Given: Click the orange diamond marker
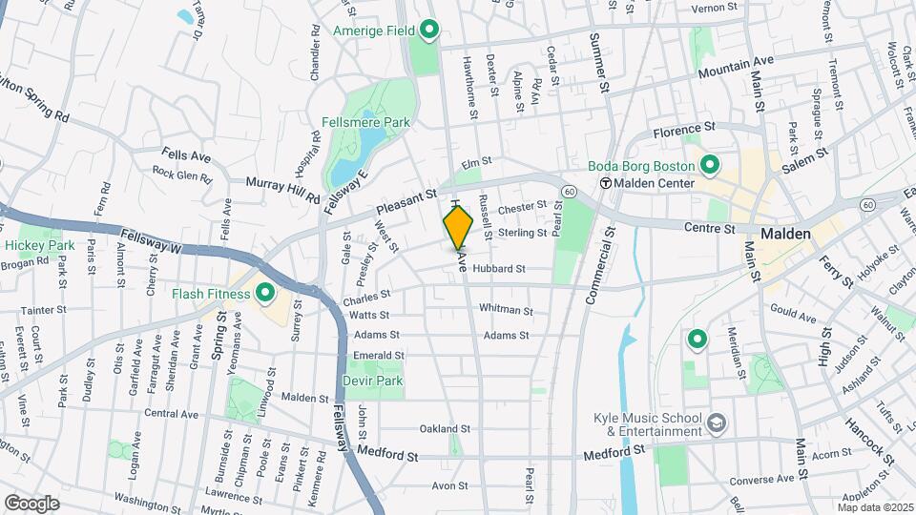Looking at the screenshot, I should [458, 227].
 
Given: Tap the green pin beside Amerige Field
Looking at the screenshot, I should [428, 31].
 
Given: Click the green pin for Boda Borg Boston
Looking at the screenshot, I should [709, 165].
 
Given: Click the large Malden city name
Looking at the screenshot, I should [785, 234].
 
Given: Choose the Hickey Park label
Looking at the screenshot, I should [39, 245].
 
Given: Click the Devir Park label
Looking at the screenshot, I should [373, 381].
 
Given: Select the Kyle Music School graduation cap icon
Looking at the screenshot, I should [717, 422].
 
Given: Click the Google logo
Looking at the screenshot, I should [31, 503].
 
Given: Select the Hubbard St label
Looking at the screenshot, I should [498, 269].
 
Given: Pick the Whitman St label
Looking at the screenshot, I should [506, 310].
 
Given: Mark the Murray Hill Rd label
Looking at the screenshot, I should [282, 189].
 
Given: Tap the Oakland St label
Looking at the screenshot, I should [441, 429].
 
